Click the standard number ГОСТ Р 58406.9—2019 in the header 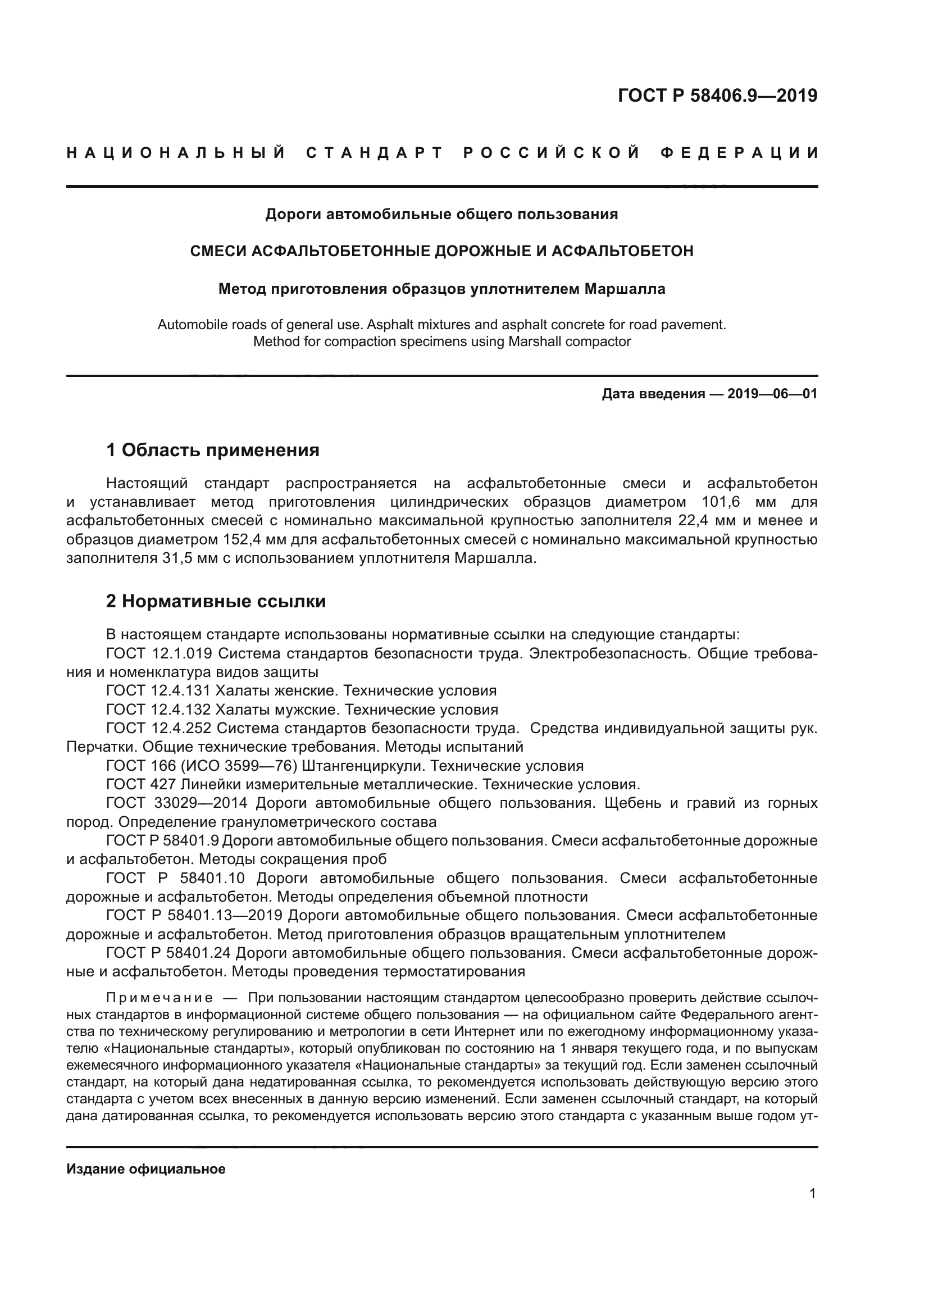[x=717, y=96]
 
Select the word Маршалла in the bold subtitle [x=625, y=289]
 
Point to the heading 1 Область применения [x=213, y=450]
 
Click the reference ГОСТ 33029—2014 [x=177, y=803]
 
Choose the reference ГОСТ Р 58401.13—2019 [x=194, y=915]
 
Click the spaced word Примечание [x=160, y=998]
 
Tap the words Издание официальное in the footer [x=146, y=1169]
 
